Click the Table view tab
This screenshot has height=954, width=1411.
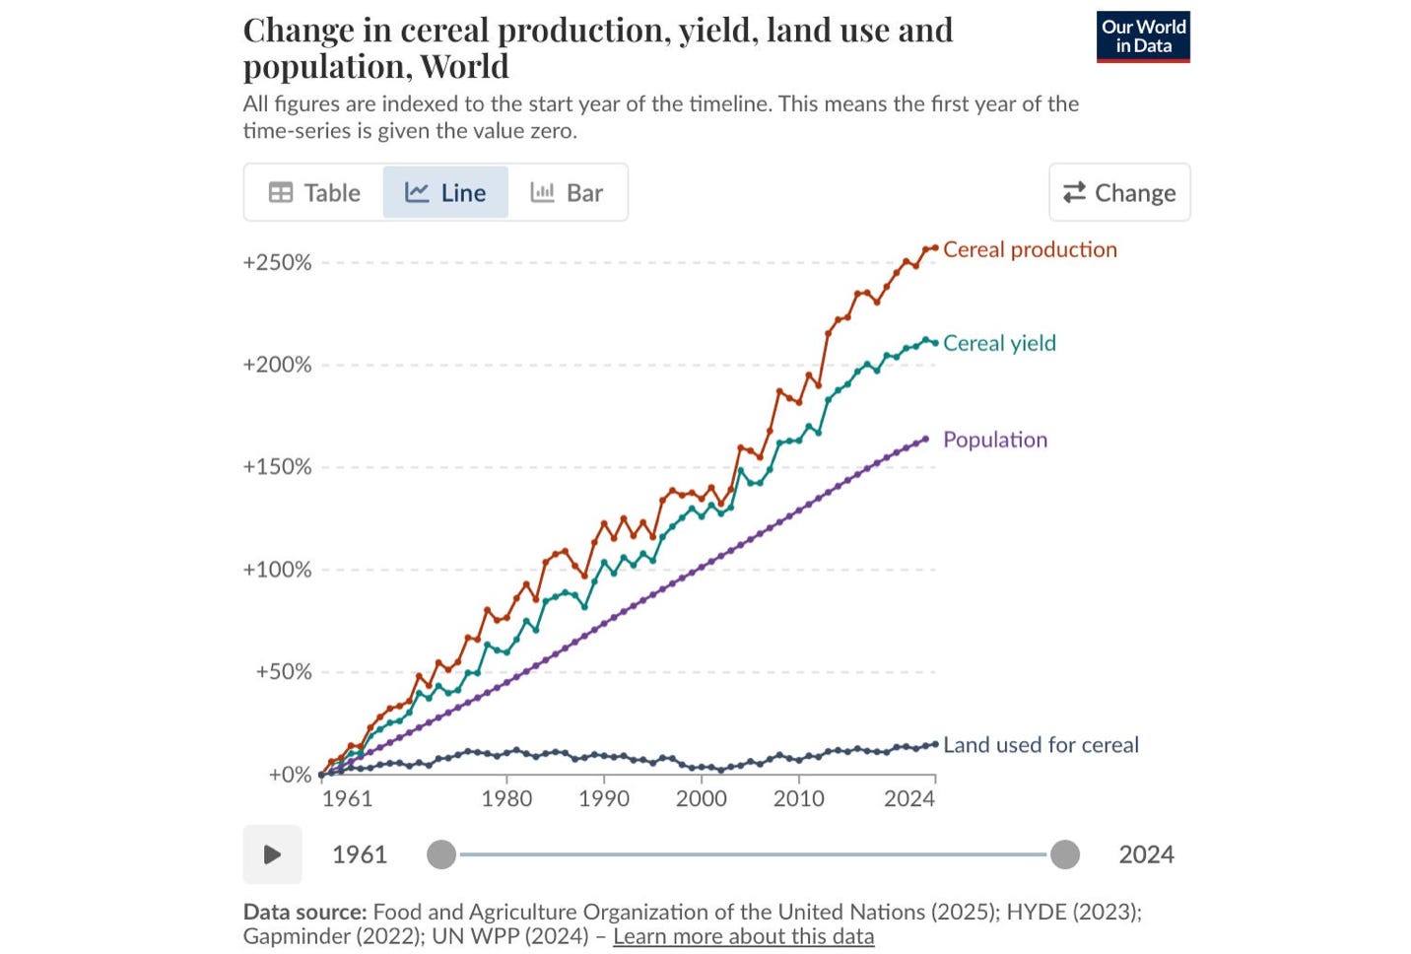point(314,193)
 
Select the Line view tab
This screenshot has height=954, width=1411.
point(445,193)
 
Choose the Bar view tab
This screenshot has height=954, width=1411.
point(567,193)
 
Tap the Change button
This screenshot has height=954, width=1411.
point(1119,192)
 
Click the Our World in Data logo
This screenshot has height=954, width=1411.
point(1143,36)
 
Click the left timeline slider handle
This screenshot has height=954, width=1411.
point(441,855)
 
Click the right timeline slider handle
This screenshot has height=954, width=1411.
point(1065,855)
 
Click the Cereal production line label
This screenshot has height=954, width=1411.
point(1030,249)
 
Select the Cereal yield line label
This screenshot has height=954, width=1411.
point(1000,343)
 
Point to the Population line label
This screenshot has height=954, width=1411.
point(995,440)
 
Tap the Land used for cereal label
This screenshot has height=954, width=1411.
point(1041,745)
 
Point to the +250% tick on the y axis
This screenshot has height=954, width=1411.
point(277,262)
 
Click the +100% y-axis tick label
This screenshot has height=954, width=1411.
point(277,570)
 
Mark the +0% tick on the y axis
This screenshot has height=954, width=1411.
point(291,775)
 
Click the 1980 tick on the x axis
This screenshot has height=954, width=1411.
point(506,799)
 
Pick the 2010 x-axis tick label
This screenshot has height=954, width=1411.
point(799,799)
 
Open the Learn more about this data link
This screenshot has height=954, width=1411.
point(743,936)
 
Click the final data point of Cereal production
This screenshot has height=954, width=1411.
point(935,248)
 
